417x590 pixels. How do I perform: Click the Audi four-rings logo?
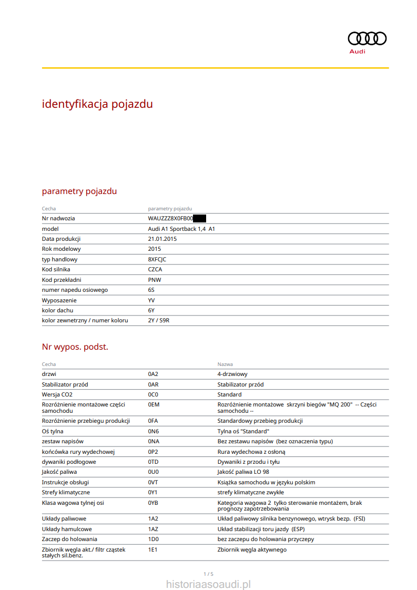[367, 38]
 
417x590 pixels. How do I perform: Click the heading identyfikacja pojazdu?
[97, 104]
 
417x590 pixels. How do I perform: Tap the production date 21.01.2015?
[162, 239]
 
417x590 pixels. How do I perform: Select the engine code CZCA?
[155, 270]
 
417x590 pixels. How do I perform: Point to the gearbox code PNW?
[155, 280]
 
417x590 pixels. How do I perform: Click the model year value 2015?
[155, 249]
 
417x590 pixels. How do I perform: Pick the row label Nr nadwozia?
[58, 219]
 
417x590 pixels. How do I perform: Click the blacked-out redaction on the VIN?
[199, 219]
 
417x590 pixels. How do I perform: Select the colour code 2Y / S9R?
[159, 320]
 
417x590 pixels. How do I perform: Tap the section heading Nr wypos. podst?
[75, 347]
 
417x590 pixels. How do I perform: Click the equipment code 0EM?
[154, 404]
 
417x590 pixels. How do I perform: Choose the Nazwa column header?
[225, 364]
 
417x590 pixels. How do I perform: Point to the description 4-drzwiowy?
[232, 374]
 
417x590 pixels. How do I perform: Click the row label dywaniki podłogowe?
[69, 462]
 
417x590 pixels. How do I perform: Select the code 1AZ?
[153, 529]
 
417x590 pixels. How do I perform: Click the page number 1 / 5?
[208, 573]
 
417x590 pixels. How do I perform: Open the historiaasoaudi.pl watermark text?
[208, 584]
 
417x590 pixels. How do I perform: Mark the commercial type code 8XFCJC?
[157, 260]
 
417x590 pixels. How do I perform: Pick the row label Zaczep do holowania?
[69, 539]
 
